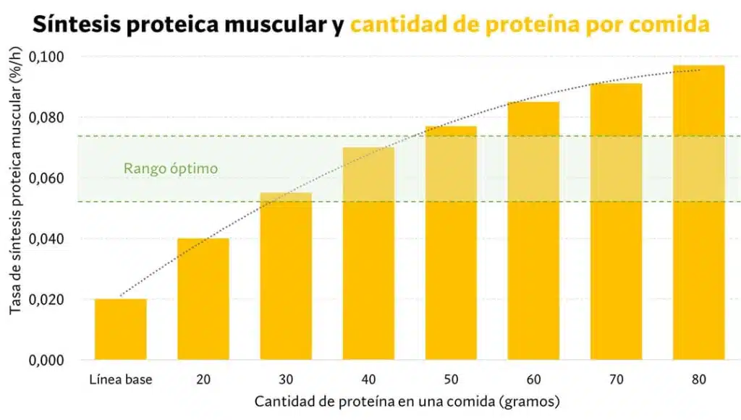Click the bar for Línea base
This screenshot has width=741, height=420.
point(120,330)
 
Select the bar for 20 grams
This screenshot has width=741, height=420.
point(203,299)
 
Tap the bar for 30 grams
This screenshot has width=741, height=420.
point(286,276)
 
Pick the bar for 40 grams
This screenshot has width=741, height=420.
point(368,254)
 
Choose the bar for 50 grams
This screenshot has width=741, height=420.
point(451,243)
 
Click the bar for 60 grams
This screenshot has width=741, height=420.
point(533,231)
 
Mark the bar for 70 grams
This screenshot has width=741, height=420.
point(617,222)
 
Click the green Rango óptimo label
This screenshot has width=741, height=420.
point(171,168)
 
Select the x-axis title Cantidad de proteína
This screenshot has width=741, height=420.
point(407,400)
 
